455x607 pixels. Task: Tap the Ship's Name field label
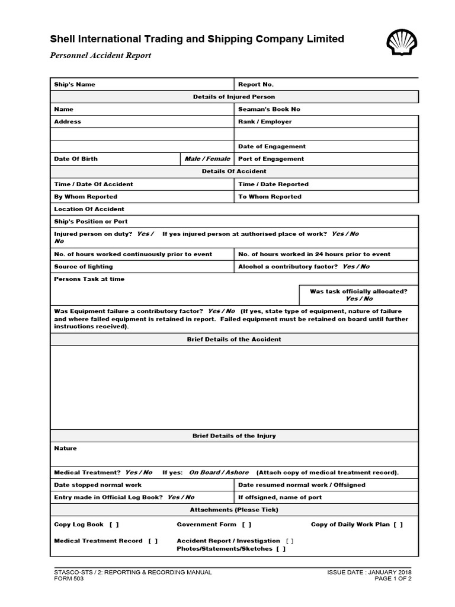[x=75, y=84]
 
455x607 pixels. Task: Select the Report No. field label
[x=256, y=84]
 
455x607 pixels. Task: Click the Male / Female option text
[x=207, y=159]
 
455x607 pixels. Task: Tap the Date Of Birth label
[x=76, y=159]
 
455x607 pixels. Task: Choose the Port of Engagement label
[x=271, y=159]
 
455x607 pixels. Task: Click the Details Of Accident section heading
[x=234, y=171]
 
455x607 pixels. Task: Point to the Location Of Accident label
[x=89, y=209]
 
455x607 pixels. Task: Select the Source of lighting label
[x=83, y=267]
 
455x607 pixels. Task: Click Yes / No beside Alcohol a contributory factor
[x=356, y=267]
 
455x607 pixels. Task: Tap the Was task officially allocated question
[x=359, y=292]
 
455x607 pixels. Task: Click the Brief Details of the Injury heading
[x=234, y=436]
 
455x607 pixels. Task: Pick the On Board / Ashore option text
[x=219, y=472]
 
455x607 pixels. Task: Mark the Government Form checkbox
[x=246, y=525]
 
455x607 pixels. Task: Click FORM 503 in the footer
[x=69, y=579]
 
